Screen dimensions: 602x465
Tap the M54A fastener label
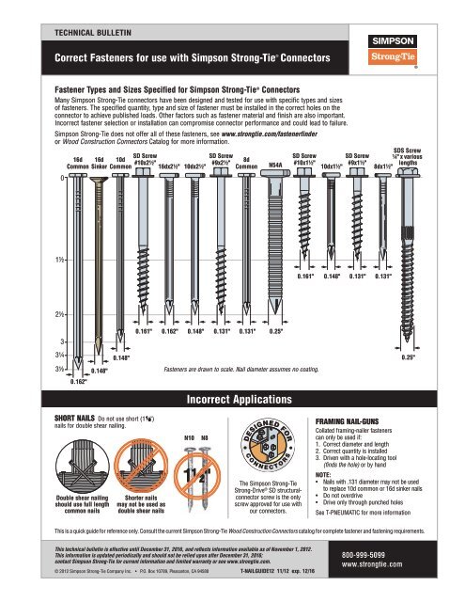pyautogui.click(x=276, y=164)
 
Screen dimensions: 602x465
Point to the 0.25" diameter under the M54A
pyautogui.click(x=276, y=332)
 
